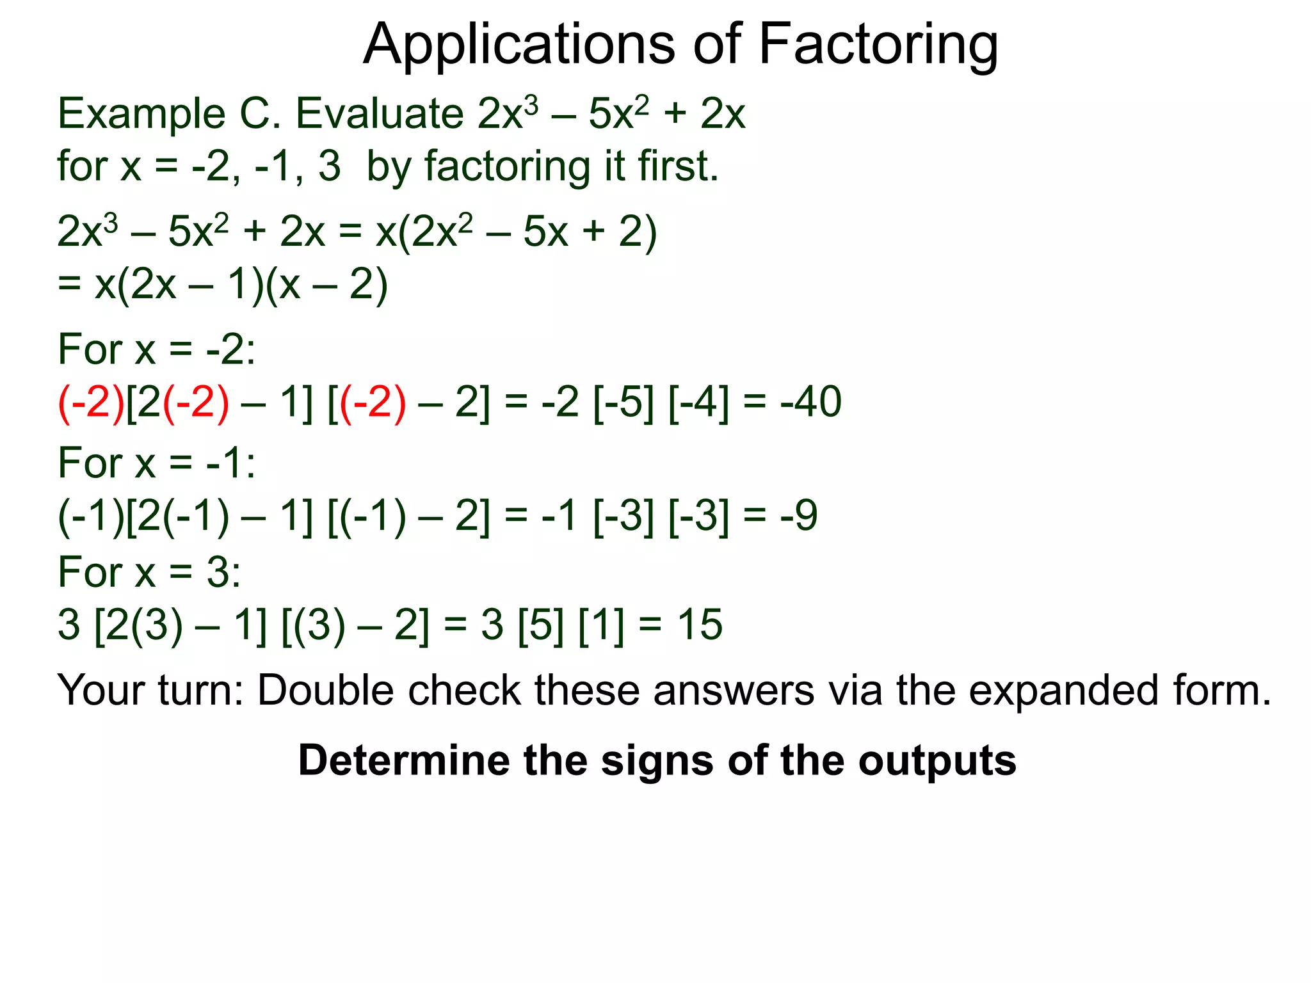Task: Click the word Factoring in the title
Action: click(x=878, y=45)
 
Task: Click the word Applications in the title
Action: click(x=519, y=45)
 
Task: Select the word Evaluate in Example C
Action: click(x=380, y=114)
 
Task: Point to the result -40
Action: click(x=810, y=402)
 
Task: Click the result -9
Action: click(x=799, y=515)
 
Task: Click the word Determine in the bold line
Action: click(x=403, y=760)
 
